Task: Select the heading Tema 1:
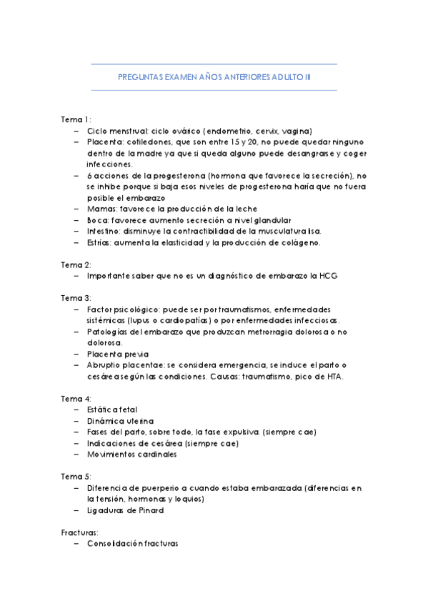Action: [76, 120]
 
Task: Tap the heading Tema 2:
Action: [76, 264]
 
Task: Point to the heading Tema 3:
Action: [76, 297]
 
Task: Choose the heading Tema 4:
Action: [76, 398]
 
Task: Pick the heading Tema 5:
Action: [76, 477]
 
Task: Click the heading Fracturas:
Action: [80, 532]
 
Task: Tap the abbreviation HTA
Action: [335, 376]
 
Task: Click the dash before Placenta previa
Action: [77, 354]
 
